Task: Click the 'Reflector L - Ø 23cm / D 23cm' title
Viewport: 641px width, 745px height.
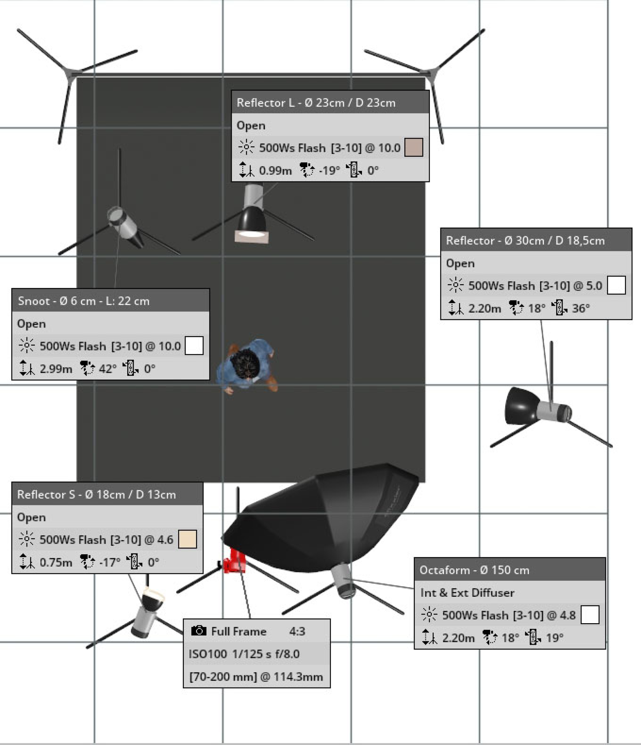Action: [x=316, y=102]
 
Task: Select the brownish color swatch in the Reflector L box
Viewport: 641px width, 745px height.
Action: [x=413, y=148]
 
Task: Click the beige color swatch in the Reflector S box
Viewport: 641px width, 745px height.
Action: [x=187, y=539]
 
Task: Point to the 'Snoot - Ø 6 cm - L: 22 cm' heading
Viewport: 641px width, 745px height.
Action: [x=84, y=301]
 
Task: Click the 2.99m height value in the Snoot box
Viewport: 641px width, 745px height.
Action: [x=56, y=369]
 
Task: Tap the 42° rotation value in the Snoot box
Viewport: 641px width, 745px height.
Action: [x=108, y=369]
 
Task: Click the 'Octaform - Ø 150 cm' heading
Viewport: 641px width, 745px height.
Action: [x=474, y=570]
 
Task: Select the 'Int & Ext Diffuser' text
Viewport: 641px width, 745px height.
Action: [x=467, y=593]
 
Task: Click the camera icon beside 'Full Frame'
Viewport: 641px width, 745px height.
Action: [x=199, y=631]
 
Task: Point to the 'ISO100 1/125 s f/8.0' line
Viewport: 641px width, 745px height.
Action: [x=244, y=654]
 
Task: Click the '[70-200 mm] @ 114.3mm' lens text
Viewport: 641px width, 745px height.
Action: [x=256, y=676]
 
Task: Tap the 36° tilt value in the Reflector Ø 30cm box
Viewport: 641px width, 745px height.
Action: [x=581, y=308]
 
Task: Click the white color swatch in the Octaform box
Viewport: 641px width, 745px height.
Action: [x=590, y=615]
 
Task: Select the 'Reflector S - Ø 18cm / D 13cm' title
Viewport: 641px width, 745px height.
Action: [x=96, y=494]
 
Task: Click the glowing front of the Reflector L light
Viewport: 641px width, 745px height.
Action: [x=251, y=235]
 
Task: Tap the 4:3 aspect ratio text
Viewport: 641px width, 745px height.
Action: [x=297, y=631]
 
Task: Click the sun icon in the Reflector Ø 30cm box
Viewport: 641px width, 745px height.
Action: [x=455, y=286]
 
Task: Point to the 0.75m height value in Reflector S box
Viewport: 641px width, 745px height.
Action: [x=56, y=562]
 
